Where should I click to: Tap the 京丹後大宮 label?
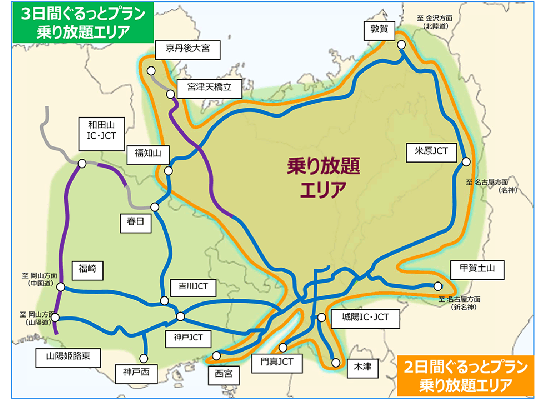coord(189,49)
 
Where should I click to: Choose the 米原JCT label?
coord(430,150)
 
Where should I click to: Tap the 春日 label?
coord(135,223)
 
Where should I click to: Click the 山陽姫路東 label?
coord(67,357)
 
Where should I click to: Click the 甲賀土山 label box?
coord(476,269)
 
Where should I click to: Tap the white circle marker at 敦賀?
coord(401,45)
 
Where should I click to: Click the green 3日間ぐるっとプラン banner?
coord(83,23)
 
